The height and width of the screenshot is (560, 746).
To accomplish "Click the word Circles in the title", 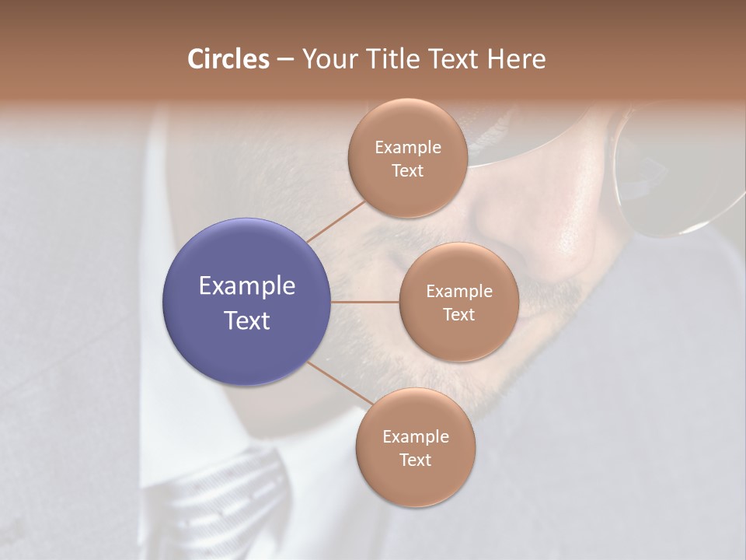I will click(x=228, y=59).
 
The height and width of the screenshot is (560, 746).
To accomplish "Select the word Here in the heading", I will click(x=517, y=59).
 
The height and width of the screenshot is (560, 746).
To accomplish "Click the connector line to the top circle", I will click(x=336, y=220).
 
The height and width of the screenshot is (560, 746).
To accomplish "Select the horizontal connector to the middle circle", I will click(x=365, y=302).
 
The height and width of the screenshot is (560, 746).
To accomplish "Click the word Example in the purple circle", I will click(x=247, y=286).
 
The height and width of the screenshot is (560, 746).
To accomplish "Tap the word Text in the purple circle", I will click(x=247, y=320).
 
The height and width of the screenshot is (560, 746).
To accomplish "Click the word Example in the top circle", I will click(x=408, y=148).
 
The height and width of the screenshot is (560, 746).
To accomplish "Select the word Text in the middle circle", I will click(x=458, y=314).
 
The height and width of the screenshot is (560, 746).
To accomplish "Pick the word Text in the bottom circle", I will click(x=416, y=460).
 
